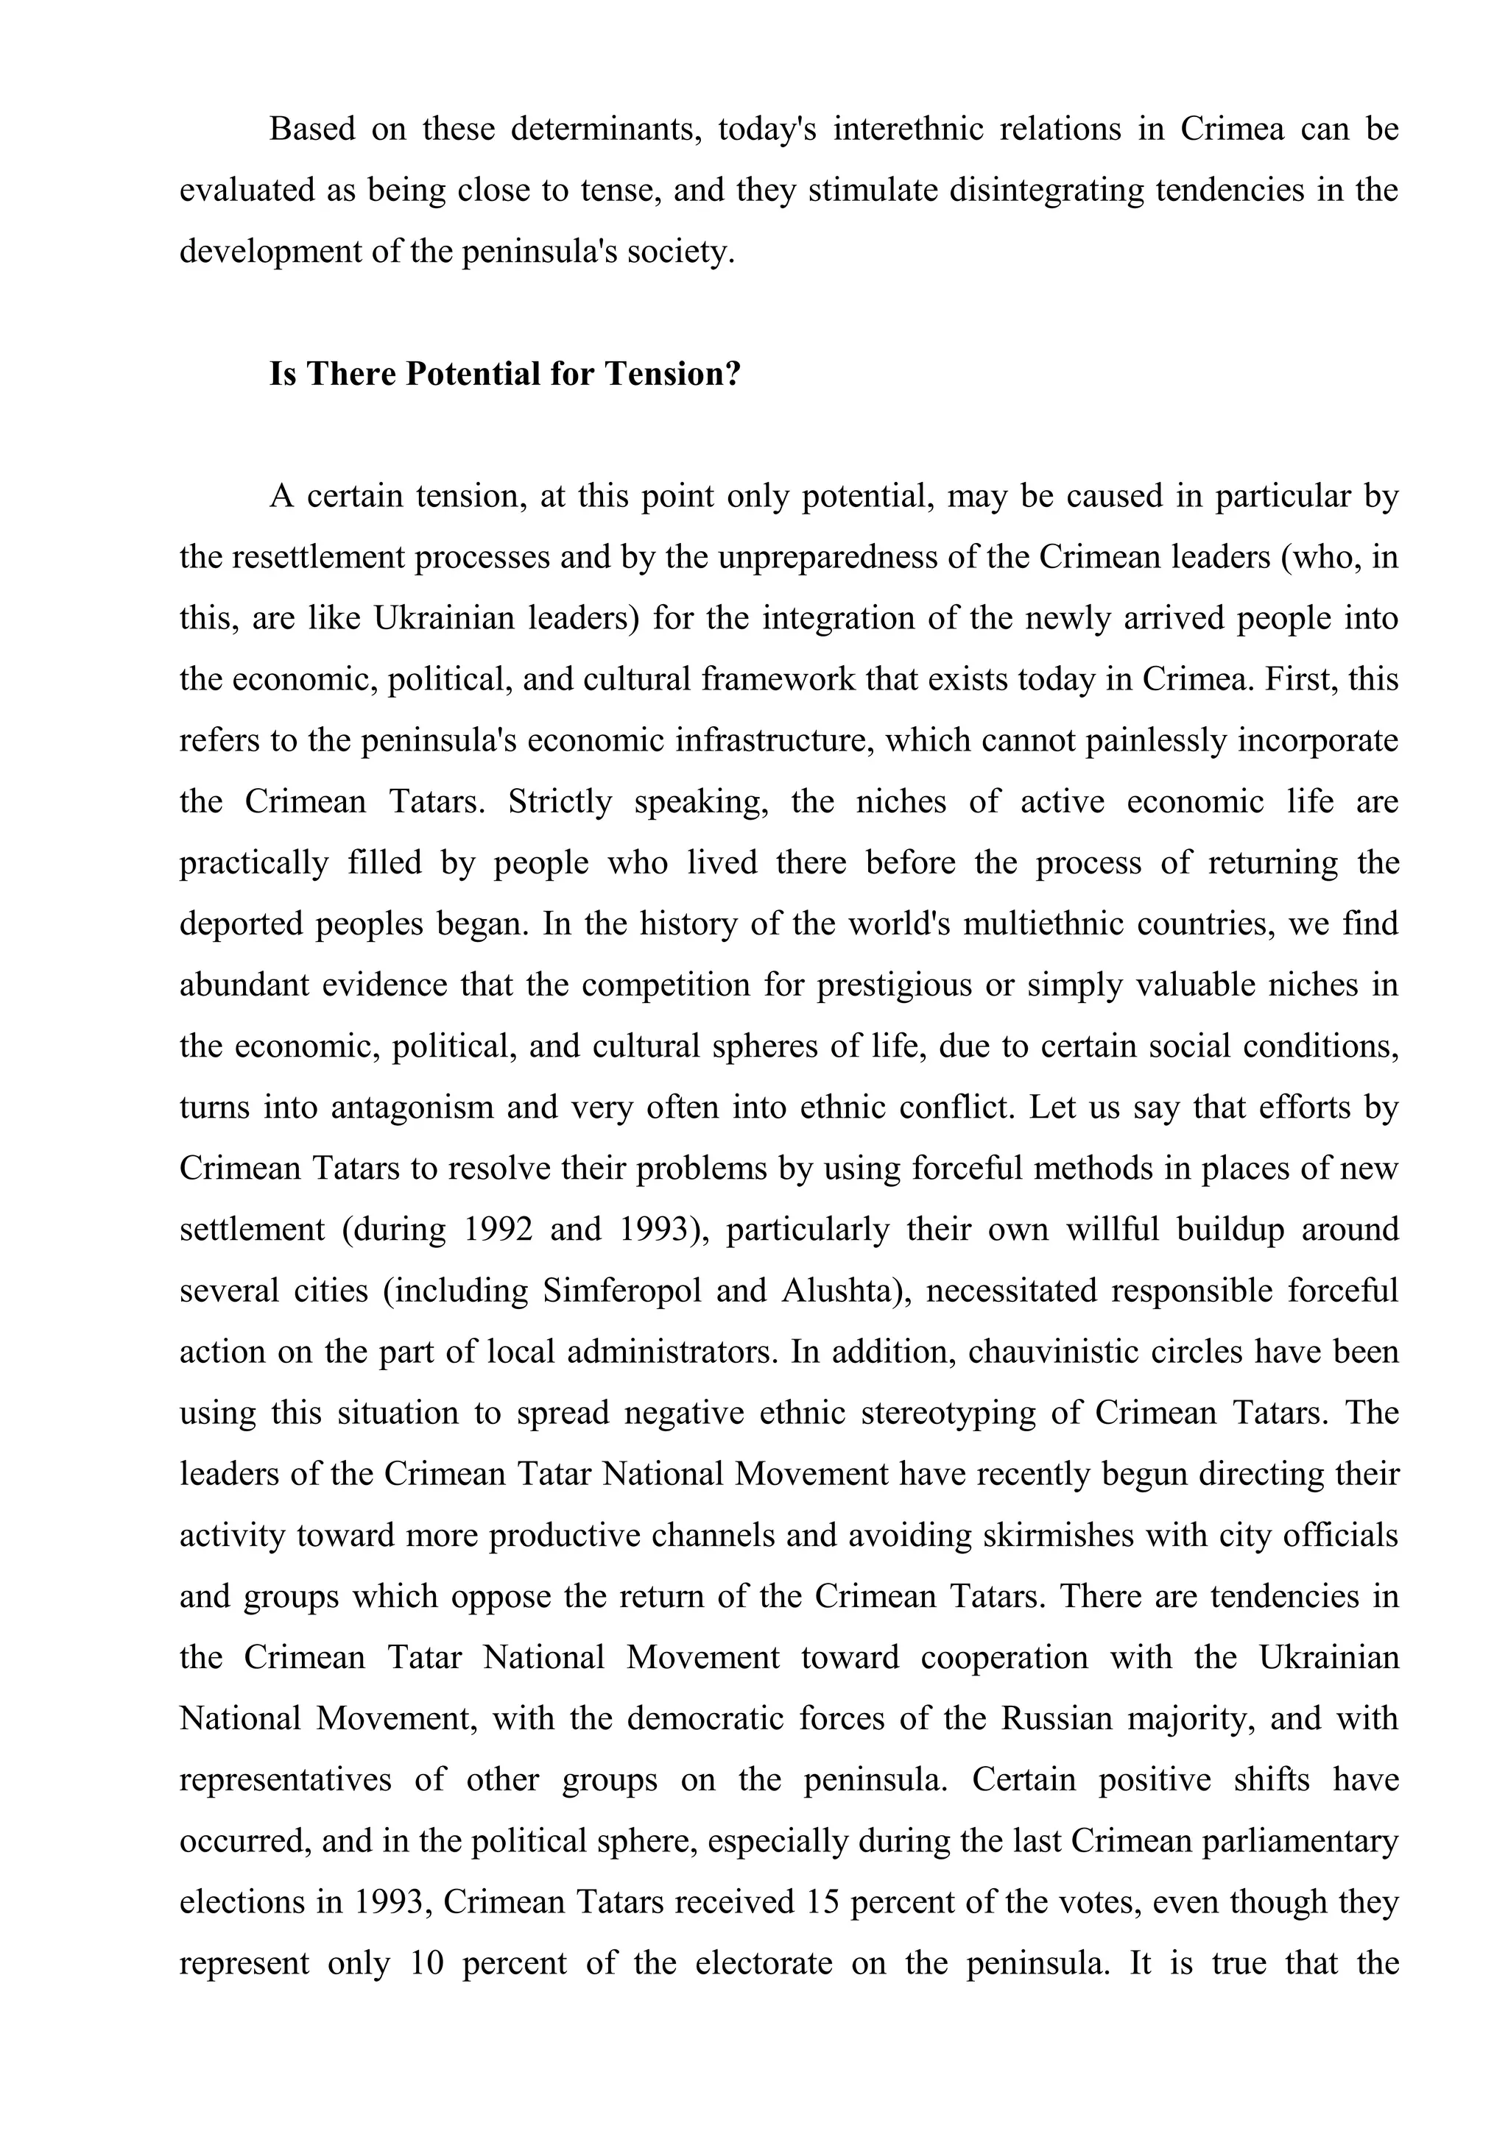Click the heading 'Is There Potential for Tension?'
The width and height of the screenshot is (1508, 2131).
click(505, 374)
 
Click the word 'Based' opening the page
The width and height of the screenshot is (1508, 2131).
click(312, 129)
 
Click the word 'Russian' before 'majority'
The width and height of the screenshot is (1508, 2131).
click(1056, 1719)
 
